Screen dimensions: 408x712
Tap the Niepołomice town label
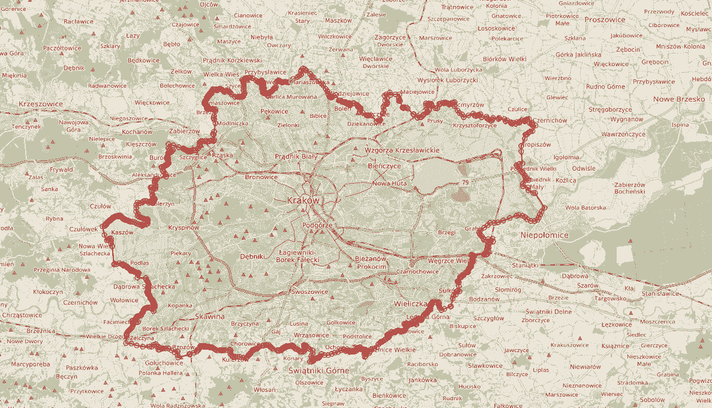(545, 235)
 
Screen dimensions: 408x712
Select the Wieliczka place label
(410, 304)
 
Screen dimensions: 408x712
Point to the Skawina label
(209, 316)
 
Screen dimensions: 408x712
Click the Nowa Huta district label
(390, 183)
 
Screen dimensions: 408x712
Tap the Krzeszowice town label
(41, 104)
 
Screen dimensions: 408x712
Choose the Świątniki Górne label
(319, 370)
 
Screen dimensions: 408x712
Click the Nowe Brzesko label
(679, 99)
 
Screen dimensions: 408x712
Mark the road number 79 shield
(465, 181)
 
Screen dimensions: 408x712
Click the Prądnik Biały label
(296, 156)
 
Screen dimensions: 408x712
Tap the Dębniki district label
(252, 257)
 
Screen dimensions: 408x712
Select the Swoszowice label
(310, 291)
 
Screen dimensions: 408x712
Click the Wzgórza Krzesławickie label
(402, 150)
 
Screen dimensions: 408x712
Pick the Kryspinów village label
(184, 228)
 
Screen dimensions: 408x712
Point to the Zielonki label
(288, 126)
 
